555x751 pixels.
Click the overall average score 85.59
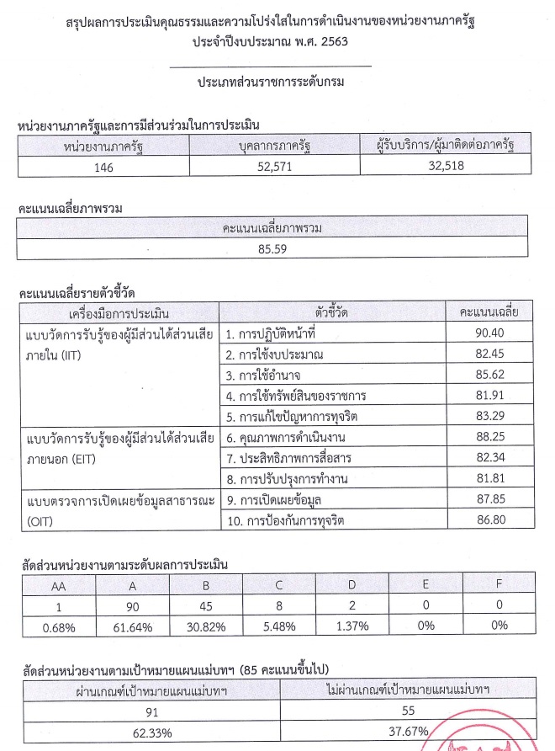272,250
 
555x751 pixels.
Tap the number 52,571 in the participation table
272,166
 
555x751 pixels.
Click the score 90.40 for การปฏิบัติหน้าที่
489,334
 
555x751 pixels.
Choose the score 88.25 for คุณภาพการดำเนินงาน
489,439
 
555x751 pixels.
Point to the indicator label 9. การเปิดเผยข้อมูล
277,501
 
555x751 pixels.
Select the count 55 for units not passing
407,711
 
